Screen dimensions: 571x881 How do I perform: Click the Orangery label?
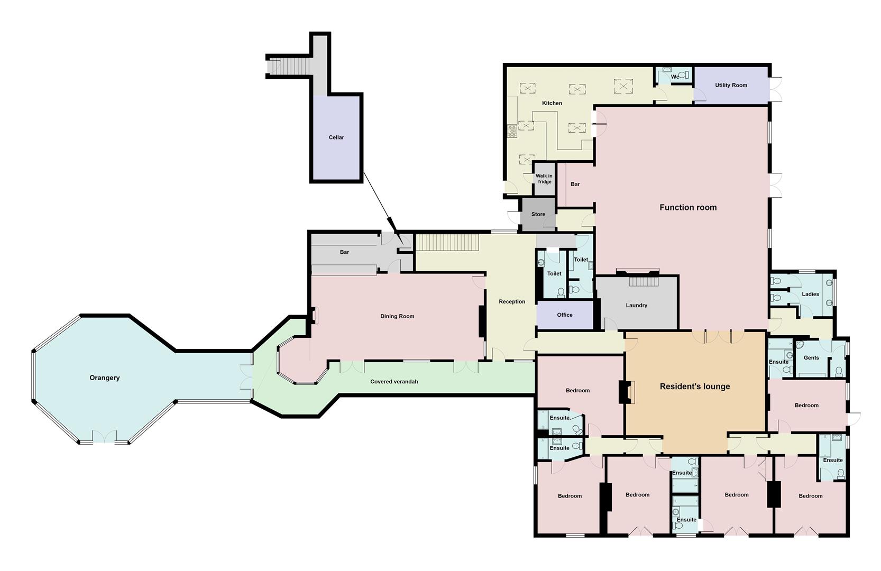point(104,378)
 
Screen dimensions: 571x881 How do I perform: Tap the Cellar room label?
point(336,137)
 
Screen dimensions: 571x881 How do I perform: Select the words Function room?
point(688,208)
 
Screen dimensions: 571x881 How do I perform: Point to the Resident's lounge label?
point(694,386)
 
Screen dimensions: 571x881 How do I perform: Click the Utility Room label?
point(731,85)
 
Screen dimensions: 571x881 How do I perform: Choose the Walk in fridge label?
point(544,179)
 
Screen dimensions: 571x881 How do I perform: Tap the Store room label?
point(538,214)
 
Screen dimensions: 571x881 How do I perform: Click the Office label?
point(564,315)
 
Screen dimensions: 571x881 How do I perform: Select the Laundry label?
point(636,306)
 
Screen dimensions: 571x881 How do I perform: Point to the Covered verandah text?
point(394,382)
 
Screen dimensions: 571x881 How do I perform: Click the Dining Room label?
point(397,316)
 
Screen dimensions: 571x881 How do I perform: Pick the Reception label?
point(512,302)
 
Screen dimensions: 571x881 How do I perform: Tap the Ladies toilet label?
point(810,294)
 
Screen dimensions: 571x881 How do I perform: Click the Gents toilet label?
point(811,358)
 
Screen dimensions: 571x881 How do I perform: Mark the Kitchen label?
point(552,103)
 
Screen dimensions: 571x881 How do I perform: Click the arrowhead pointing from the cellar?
point(392,224)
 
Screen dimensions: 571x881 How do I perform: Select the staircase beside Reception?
point(447,243)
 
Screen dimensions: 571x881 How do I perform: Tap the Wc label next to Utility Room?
point(675,77)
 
